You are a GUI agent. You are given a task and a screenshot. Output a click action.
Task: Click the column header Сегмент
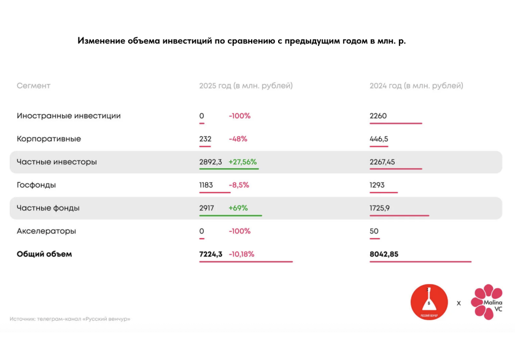pos(33,86)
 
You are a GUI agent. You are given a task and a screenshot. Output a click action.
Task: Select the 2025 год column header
pos(246,86)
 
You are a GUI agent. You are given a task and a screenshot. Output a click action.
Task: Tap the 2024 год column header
pos(416,86)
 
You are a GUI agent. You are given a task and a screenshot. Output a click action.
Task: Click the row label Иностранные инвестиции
pos(68,116)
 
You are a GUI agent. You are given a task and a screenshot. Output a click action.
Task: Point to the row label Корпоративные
pos(48,139)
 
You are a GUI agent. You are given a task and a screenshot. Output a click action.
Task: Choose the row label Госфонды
pos(36,185)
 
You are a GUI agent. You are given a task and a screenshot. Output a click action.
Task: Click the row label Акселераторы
pos(47,231)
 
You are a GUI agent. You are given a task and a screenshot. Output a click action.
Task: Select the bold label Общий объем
pos(44,254)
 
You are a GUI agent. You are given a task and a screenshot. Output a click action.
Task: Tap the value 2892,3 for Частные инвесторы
pos(211,162)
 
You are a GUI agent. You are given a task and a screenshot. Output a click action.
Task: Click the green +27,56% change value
pos(243,162)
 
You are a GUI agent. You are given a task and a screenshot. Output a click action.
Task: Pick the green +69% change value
pos(238,208)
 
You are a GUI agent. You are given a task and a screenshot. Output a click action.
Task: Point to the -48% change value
pos(238,139)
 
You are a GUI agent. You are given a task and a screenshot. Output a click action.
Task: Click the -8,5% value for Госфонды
pos(239,185)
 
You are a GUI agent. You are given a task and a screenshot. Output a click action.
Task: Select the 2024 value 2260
pos(378,116)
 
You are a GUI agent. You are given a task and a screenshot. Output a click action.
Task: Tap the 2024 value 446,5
pos(379,139)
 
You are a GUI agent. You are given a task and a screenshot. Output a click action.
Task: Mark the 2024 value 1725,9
pos(380,208)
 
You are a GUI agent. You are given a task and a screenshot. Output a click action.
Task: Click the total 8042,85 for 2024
pos(384,254)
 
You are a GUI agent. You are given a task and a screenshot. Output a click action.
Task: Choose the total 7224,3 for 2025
pos(211,254)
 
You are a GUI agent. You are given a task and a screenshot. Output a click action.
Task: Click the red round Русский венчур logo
pos(429,302)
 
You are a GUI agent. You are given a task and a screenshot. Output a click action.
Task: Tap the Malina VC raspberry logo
pos(487,302)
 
